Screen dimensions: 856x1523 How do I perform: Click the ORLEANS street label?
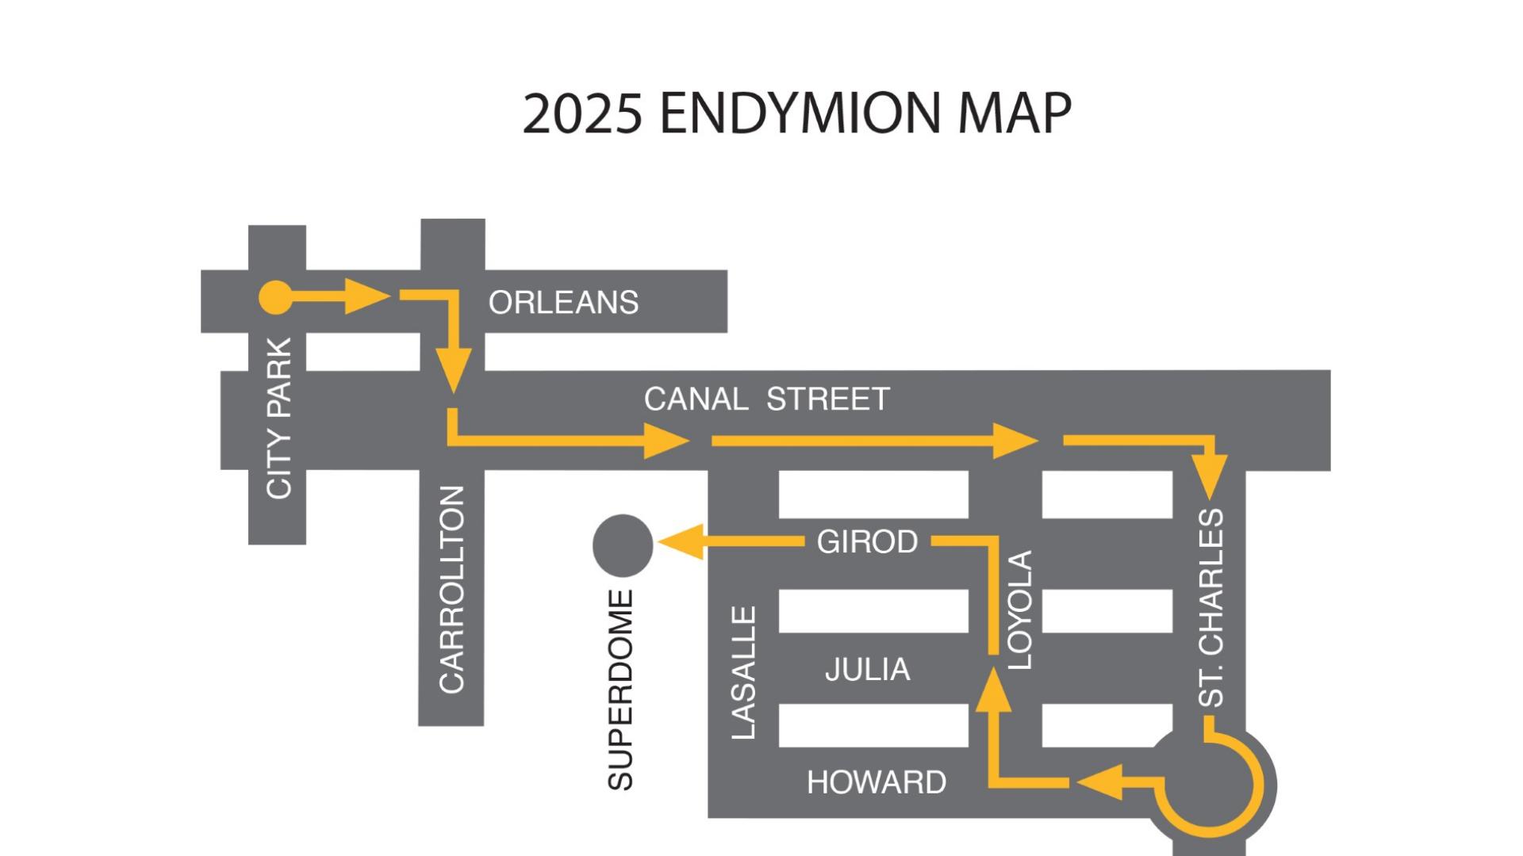563,303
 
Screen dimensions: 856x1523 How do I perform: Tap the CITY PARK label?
279,418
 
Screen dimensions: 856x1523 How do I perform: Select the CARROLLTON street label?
451,590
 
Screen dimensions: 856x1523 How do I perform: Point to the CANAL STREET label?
766,399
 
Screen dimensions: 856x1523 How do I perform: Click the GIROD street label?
867,542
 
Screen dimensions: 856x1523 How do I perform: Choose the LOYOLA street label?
1019,610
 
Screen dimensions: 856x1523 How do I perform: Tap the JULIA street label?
867,670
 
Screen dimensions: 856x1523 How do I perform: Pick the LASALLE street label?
743,674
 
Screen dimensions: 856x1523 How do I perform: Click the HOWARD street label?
877,783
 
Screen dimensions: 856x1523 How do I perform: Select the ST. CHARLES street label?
1210,608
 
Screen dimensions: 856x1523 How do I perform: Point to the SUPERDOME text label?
620,690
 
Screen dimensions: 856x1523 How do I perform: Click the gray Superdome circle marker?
623,545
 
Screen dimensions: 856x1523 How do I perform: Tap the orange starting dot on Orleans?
276,298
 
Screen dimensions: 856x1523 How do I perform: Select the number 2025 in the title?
582,113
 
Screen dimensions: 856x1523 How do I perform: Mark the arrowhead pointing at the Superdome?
681,542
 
